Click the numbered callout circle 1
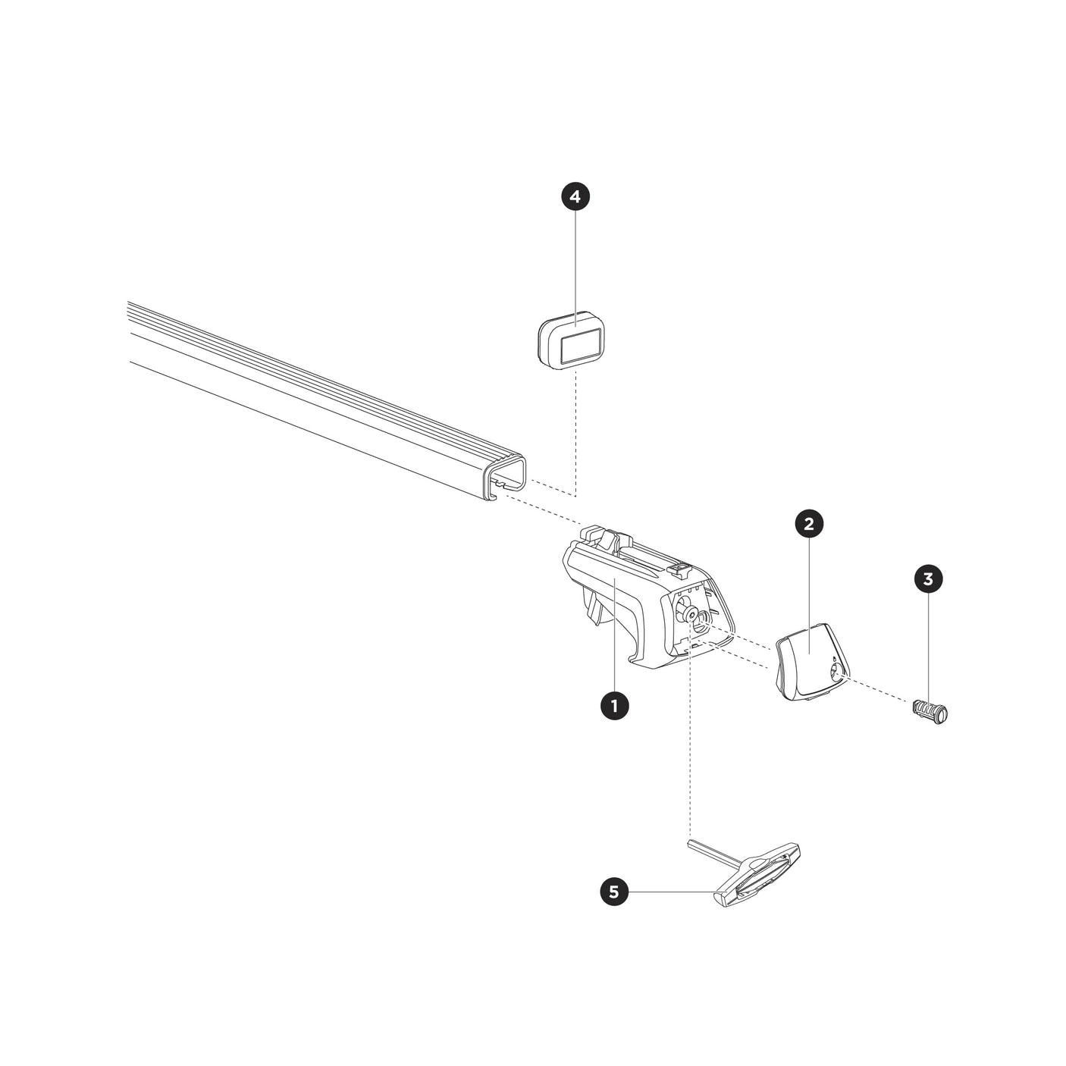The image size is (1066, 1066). pyautogui.click(x=613, y=706)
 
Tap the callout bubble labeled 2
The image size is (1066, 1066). pyautogui.click(x=808, y=523)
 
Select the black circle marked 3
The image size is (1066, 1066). pyautogui.click(x=929, y=579)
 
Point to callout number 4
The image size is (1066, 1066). pyautogui.click(x=575, y=197)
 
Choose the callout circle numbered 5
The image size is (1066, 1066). pyautogui.click(x=613, y=892)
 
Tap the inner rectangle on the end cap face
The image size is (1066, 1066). pyautogui.click(x=581, y=344)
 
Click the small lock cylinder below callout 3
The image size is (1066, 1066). pyautogui.click(x=930, y=712)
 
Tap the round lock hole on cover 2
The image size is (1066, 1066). pyautogui.click(x=836, y=671)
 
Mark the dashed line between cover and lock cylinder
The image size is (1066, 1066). pyautogui.click(x=879, y=692)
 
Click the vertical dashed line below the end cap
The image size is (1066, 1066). pyautogui.click(x=575, y=432)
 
